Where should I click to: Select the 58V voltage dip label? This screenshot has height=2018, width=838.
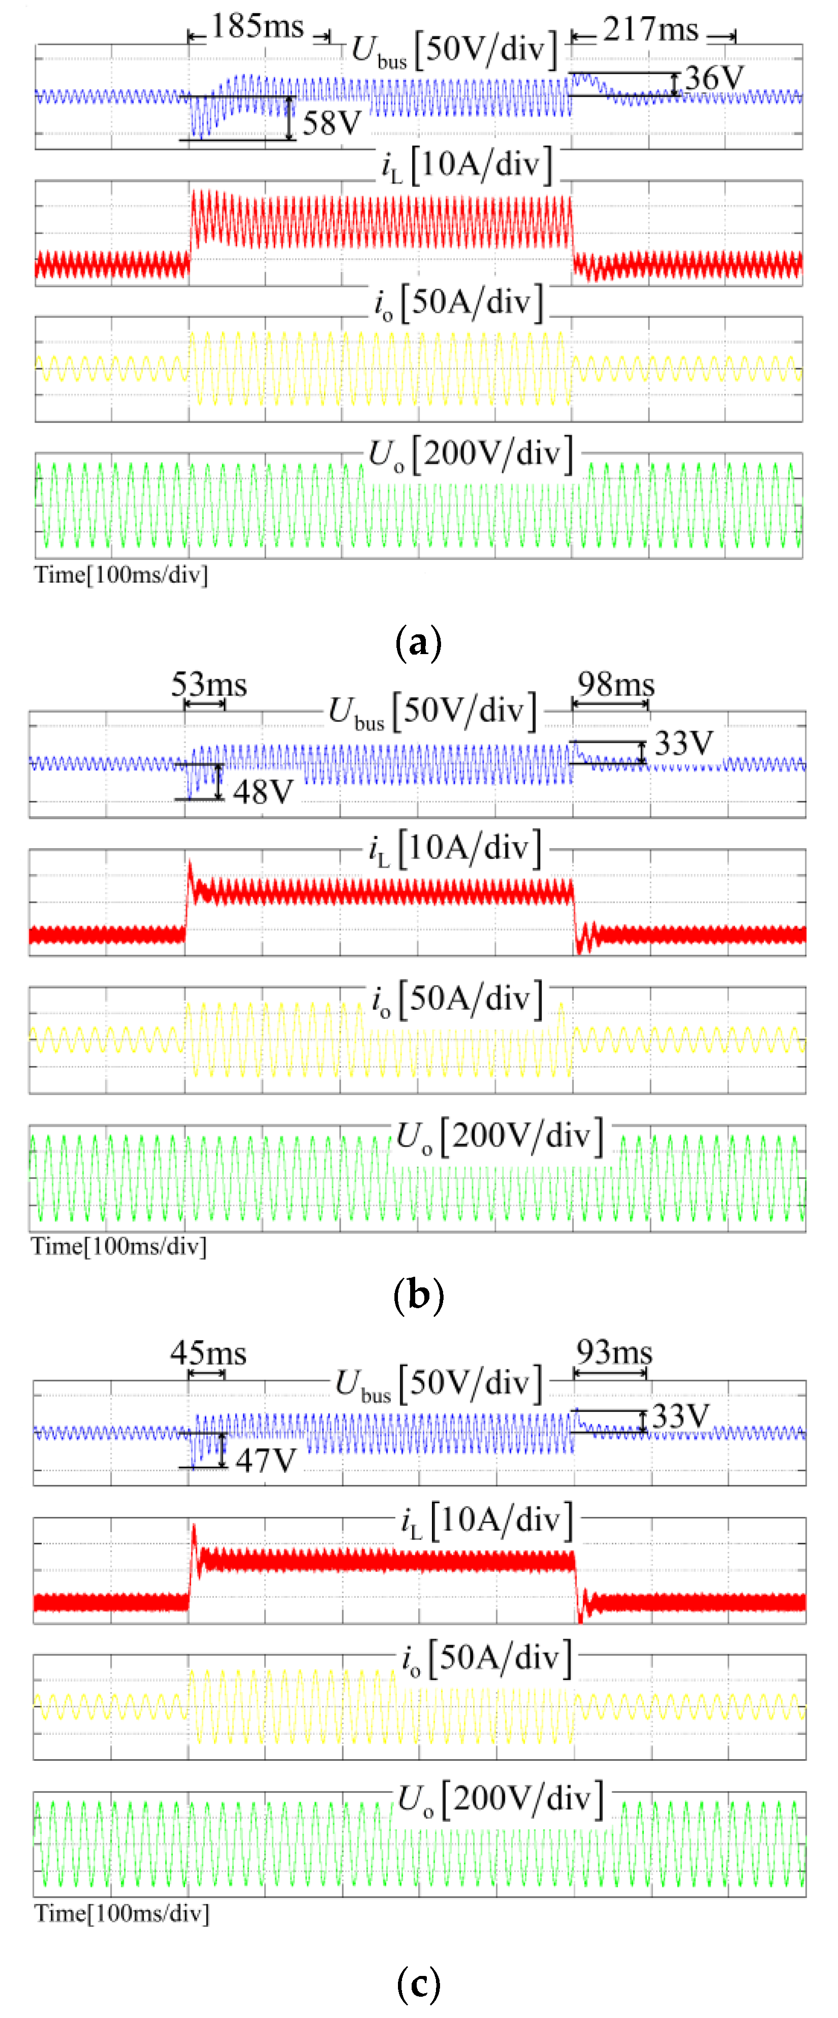pyautogui.click(x=332, y=123)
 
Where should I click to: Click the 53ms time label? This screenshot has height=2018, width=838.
pyautogui.click(x=208, y=684)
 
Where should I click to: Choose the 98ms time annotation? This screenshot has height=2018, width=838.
pyautogui.click(x=615, y=684)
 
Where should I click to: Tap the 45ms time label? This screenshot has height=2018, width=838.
pyautogui.click(x=208, y=1353)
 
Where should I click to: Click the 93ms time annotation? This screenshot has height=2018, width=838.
pyautogui.click(x=614, y=1352)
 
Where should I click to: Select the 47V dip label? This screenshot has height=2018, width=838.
pyautogui.click(x=266, y=1460)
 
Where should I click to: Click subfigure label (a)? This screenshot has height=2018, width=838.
pyautogui.click(x=419, y=642)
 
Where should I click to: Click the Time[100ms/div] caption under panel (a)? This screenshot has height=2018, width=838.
pyautogui.click(x=121, y=575)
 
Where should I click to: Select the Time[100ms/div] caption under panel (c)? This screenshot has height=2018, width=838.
pyautogui.click(x=122, y=1913)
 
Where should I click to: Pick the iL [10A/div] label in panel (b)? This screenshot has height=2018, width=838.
pyautogui.click(x=455, y=849)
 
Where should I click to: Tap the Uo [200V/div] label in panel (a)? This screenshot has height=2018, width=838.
pyautogui.click(x=470, y=455)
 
